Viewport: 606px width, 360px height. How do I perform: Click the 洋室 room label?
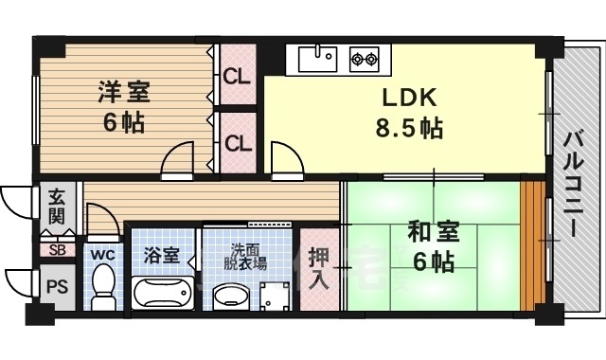(123, 93)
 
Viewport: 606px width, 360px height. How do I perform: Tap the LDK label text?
(409, 99)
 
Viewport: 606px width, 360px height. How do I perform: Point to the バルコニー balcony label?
(573, 185)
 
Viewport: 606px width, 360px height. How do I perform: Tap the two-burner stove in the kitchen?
(364, 59)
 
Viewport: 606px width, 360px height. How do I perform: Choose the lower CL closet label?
(238, 144)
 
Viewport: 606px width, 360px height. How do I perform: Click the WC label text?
(101, 254)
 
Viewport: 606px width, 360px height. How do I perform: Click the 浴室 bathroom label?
(160, 254)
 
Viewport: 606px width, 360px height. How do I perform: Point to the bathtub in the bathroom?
(162, 294)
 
